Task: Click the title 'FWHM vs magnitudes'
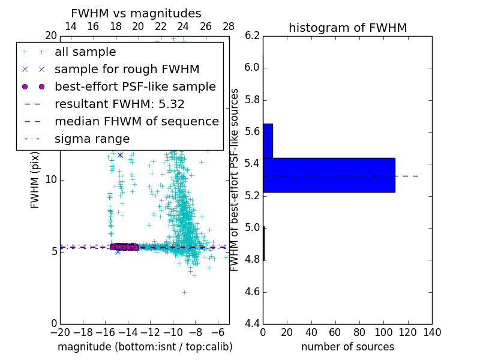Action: point(136,13)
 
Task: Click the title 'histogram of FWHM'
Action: point(347,28)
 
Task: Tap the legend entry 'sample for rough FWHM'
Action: point(127,69)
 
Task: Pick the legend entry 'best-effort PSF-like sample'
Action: point(135,86)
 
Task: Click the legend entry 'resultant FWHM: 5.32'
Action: point(119,104)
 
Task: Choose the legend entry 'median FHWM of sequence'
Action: point(136,121)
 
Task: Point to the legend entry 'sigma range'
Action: point(92,139)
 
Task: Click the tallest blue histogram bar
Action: point(329,175)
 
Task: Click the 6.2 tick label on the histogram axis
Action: point(252,35)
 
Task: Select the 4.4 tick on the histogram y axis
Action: point(252,324)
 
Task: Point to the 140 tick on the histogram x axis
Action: point(432,331)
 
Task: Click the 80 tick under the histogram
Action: point(359,331)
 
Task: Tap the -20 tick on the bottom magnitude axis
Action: point(60,331)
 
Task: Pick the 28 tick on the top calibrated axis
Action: point(229,26)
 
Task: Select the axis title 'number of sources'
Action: point(347,347)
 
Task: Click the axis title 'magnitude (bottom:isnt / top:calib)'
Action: point(145,347)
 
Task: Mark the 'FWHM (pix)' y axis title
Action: point(35,179)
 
